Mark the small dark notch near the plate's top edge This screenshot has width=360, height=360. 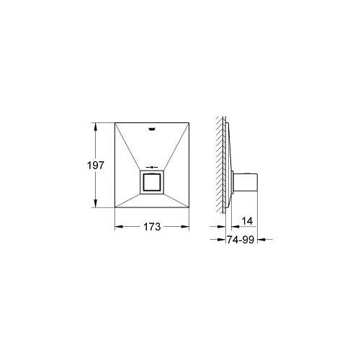pyautogui.click(x=151, y=130)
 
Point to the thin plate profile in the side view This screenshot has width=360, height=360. pyautogui.click(x=226, y=166)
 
